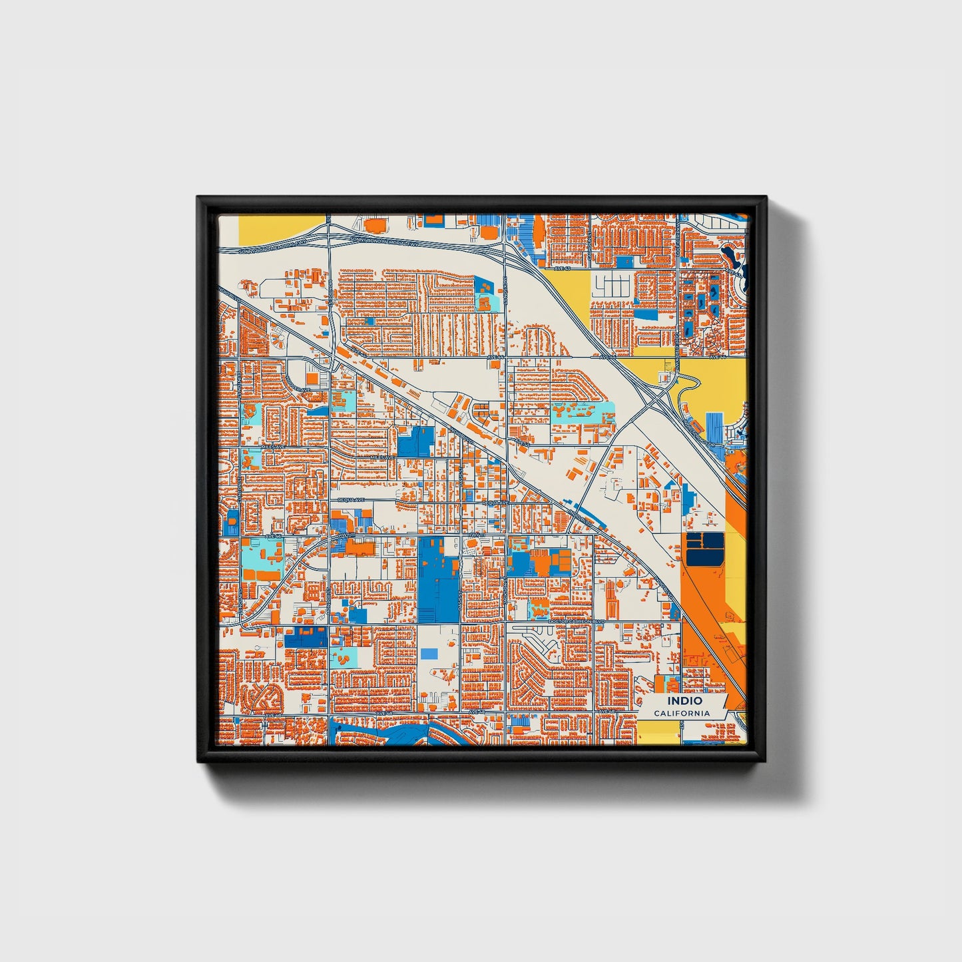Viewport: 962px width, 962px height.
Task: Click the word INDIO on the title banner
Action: pyautogui.click(x=685, y=701)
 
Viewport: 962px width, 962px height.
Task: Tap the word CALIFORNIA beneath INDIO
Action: pyautogui.click(x=681, y=714)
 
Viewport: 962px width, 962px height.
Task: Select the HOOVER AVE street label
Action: pyautogui.click(x=299, y=389)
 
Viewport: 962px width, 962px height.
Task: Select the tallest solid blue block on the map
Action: pyautogui.click(x=439, y=579)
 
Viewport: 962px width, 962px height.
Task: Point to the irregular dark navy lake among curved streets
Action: pyautogui.click(x=733, y=256)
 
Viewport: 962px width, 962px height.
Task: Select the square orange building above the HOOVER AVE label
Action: pyautogui.click(x=312, y=377)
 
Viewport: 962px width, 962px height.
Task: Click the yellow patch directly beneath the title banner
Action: pyautogui.click(x=658, y=730)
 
